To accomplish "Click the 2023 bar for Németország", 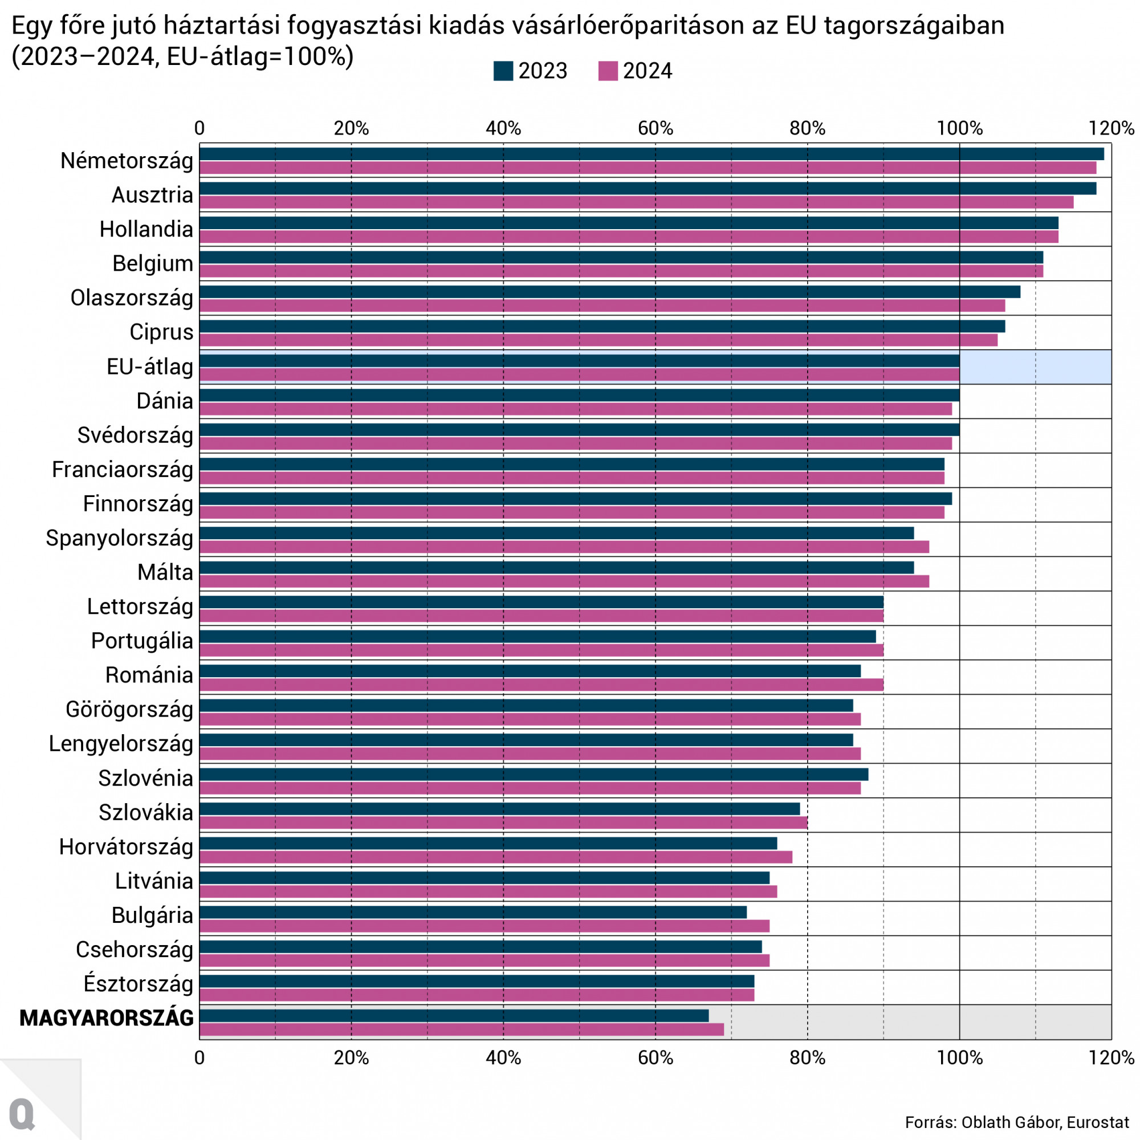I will pyautogui.click(x=649, y=154).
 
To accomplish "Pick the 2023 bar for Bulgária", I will pyautogui.click(x=472, y=912).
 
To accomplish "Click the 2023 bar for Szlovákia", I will pyautogui.click(x=499, y=809).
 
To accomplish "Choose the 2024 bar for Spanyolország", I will pyautogui.click(x=564, y=547).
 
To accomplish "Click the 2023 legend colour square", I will pyautogui.click(x=503, y=71).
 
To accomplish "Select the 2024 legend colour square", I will pyautogui.click(x=608, y=71).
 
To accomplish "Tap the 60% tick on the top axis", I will pyautogui.click(x=655, y=128).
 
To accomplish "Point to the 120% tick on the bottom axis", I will pyautogui.click(x=1111, y=1058).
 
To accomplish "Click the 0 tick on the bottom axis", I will pyautogui.click(x=199, y=1058).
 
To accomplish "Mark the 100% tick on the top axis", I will pyautogui.click(x=959, y=128).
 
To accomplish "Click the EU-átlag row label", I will pyautogui.click(x=150, y=367).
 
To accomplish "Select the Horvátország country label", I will pyautogui.click(x=127, y=848).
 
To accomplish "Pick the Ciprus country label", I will pyautogui.click(x=161, y=332).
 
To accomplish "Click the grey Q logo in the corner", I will pyautogui.click(x=22, y=1113).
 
